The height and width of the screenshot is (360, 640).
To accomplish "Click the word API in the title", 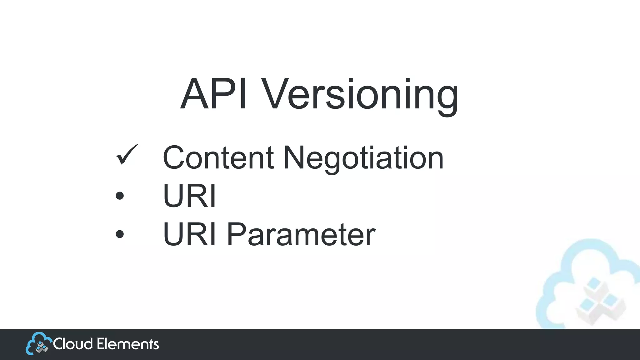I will click(x=214, y=94).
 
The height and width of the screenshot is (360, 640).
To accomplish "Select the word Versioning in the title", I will click(x=359, y=95).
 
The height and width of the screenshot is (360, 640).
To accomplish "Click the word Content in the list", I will click(x=218, y=157).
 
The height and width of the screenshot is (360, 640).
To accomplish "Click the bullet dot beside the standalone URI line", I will click(x=120, y=196).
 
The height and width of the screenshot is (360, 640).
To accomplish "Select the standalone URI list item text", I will click(x=189, y=196).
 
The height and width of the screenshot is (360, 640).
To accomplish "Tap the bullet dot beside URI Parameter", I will click(x=120, y=234).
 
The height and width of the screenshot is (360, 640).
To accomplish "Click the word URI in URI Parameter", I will click(x=189, y=234).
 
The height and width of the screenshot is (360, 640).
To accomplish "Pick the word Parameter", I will click(x=301, y=234).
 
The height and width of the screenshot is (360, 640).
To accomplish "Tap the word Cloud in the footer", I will click(x=73, y=344).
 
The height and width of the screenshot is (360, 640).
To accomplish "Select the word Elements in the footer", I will click(x=128, y=344).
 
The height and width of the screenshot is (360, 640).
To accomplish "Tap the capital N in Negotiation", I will click(x=295, y=157).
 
